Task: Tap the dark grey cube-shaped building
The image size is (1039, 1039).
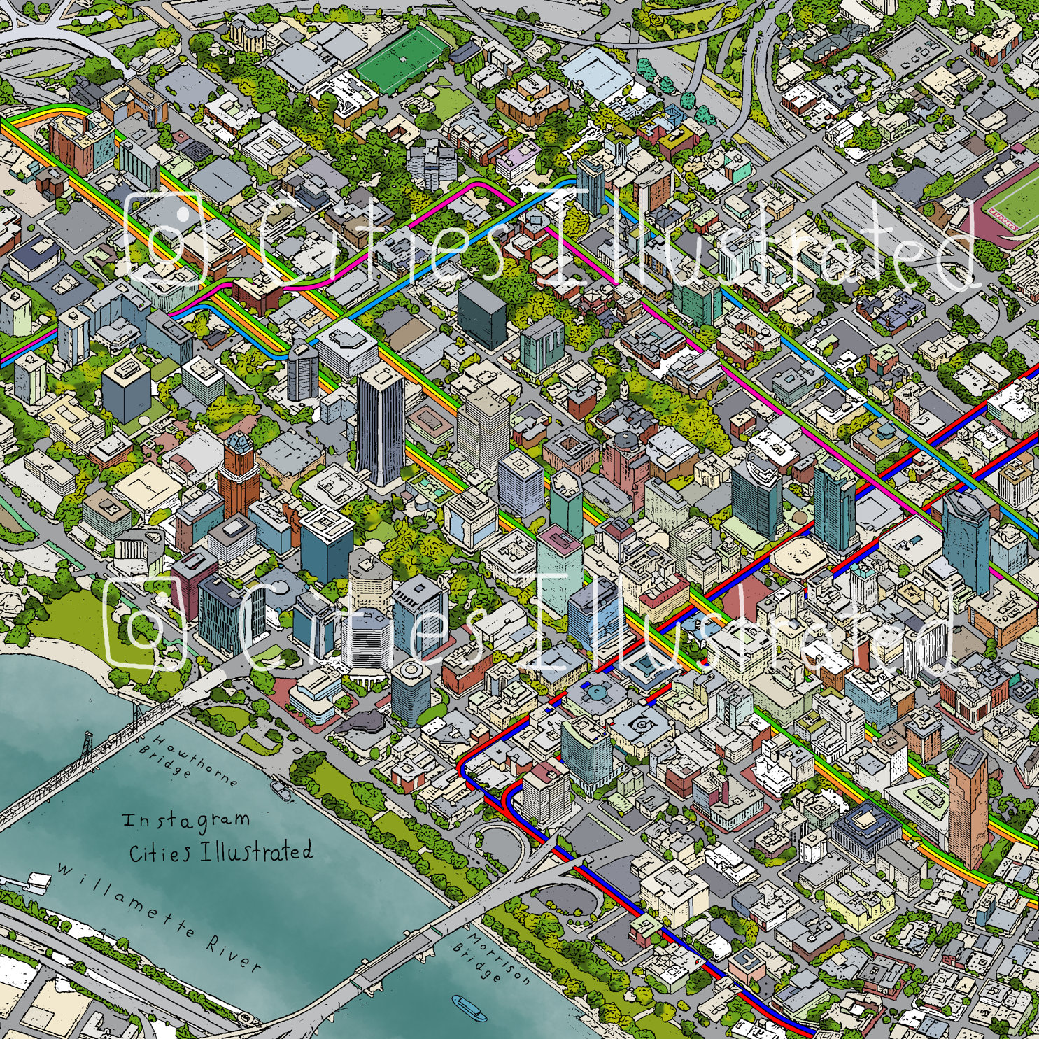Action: (481, 314)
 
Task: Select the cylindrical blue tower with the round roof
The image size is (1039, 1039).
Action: (411, 689)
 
